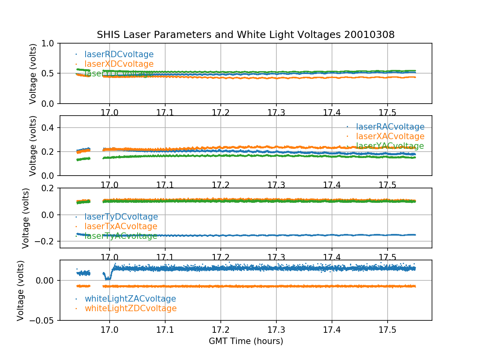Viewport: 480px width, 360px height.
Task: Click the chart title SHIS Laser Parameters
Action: [x=246, y=35]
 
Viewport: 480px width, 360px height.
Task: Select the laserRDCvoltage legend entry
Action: [x=119, y=54]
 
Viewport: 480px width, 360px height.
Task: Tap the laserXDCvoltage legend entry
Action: [x=119, y=64]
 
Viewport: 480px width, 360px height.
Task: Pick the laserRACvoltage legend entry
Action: [x=390, y=127]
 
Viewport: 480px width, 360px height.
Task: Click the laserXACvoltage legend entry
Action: [x=390, y=136]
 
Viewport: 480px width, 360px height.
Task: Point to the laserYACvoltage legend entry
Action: [x=390, y=146]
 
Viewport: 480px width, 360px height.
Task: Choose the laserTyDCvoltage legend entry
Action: [x=121, y=217]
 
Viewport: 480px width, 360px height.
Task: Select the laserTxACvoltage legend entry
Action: [x=121, y=226]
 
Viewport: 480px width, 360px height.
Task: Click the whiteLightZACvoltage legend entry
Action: [x=130, y=299]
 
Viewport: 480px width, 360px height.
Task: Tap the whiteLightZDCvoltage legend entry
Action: [x=130, y=308]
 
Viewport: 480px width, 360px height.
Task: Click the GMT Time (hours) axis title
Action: [x=246, y=341]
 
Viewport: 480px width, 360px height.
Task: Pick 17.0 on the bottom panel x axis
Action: [x=109, y=330]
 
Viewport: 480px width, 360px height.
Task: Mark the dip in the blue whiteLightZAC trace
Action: [x=107, y=278]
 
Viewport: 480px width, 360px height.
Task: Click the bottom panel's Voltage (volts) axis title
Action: [x=21, y=290]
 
